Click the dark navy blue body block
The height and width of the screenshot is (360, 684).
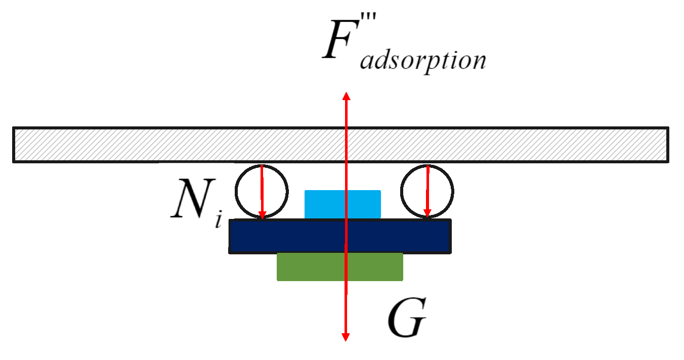283,236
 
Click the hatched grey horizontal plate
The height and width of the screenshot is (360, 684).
152,145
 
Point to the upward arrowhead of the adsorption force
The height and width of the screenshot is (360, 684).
346,96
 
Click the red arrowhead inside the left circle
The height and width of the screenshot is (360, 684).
262,215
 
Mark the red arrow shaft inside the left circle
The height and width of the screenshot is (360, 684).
262,190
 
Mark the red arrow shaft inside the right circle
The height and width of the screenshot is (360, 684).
427,190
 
